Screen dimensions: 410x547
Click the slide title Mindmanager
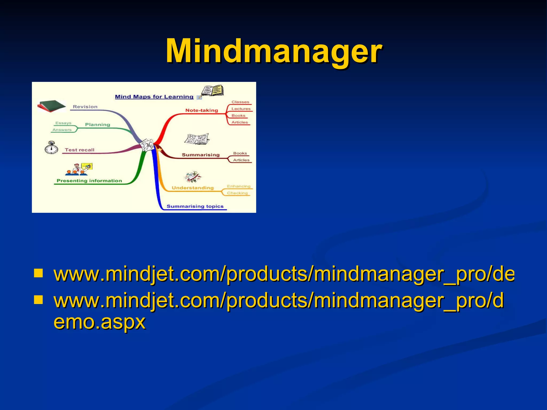point(274,51)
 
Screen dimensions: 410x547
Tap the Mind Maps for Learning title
point(154,97)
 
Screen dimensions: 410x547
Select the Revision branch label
point(85,107)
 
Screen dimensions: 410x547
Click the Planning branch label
point(97,124)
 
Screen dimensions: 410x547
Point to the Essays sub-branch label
point(63,123)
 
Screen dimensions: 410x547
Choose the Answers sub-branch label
point(62,130)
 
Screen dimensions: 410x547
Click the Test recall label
point(80,150)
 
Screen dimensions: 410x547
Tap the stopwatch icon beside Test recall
point(51,148)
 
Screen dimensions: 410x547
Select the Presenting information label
point(89,181)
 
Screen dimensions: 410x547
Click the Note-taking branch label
point(202,110)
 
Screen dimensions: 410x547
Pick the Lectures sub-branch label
point(241,109)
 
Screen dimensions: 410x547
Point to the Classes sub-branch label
point(240,102)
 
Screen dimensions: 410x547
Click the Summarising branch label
point(201,155)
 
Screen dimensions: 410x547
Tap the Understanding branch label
point(193,188)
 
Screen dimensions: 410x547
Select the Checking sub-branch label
point(237,193)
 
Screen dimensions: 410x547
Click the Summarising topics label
point(195,206)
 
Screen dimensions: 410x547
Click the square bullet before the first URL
point(38,274)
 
